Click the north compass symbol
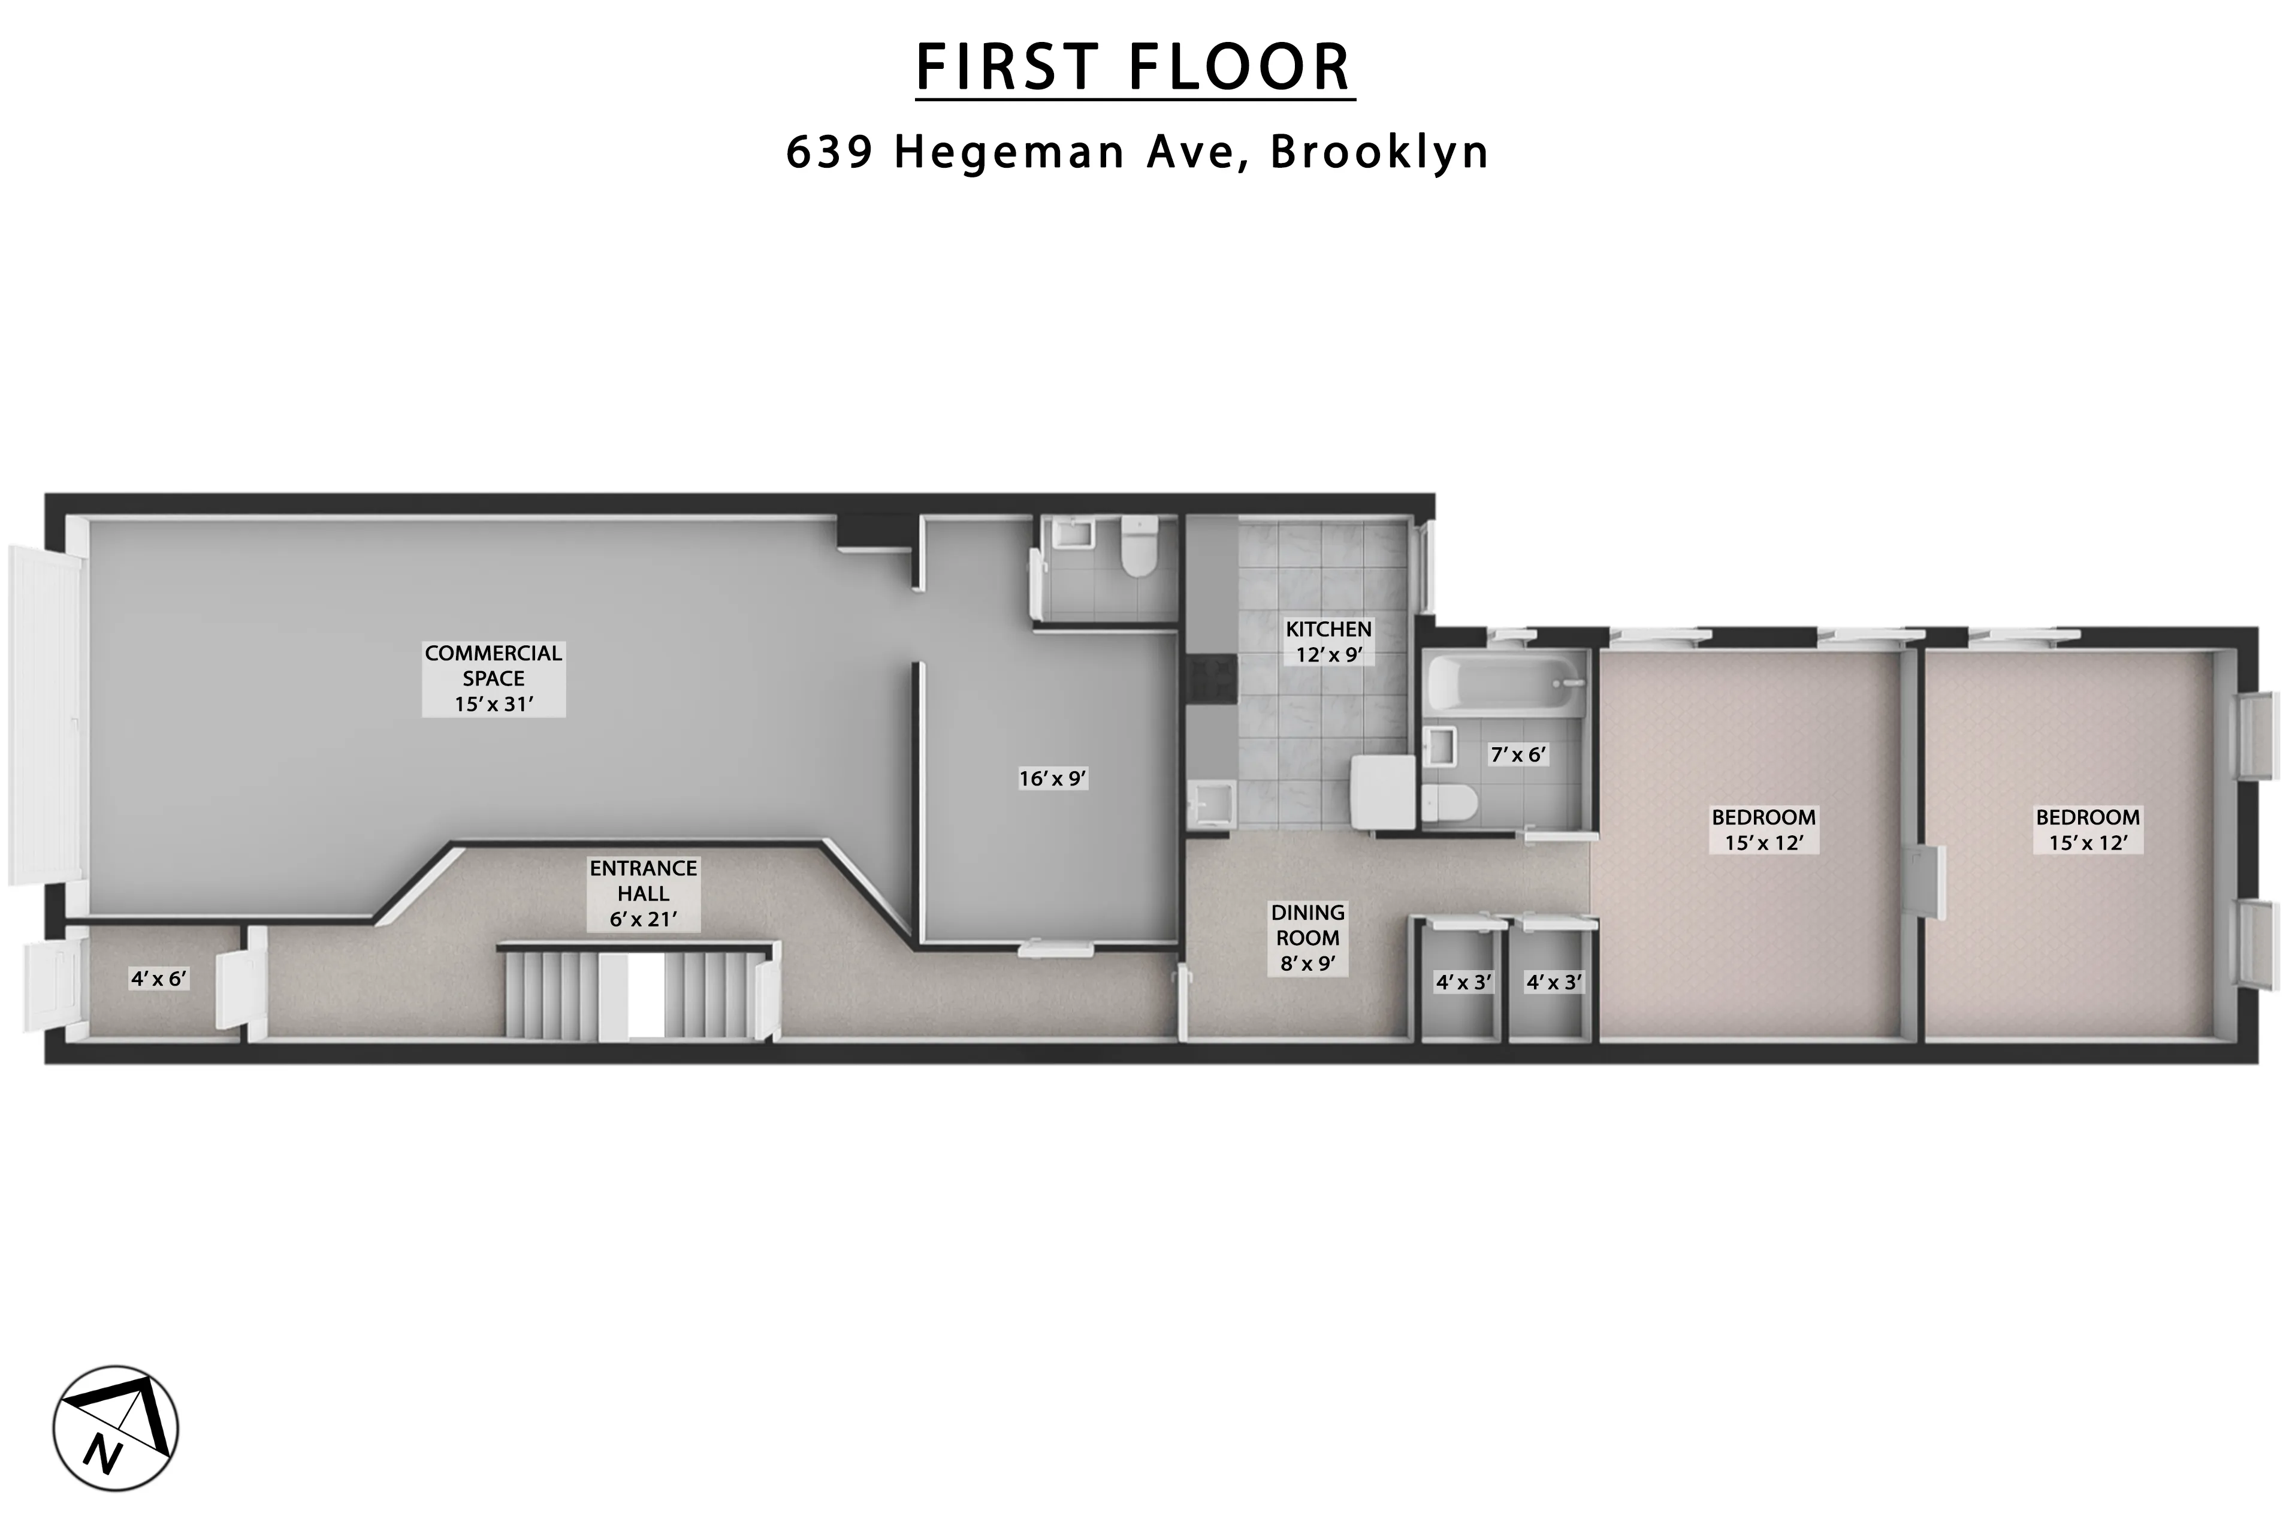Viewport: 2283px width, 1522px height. tap(116, 1429)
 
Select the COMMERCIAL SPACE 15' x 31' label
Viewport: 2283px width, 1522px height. tap(493, 678)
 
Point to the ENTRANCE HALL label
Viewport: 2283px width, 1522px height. tap(642, 893)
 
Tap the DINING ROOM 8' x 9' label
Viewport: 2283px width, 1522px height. tap(1307, 938)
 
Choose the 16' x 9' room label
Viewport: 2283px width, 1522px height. tap(1052, 778)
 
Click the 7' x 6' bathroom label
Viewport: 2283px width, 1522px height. tap(1518, 754)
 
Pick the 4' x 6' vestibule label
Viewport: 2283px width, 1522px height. tap(158, 979)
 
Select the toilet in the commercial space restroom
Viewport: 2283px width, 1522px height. tap(1139, 546)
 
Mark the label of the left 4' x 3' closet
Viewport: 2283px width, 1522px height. tap(1463, 982)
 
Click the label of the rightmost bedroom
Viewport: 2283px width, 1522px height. tap(2087, 830)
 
